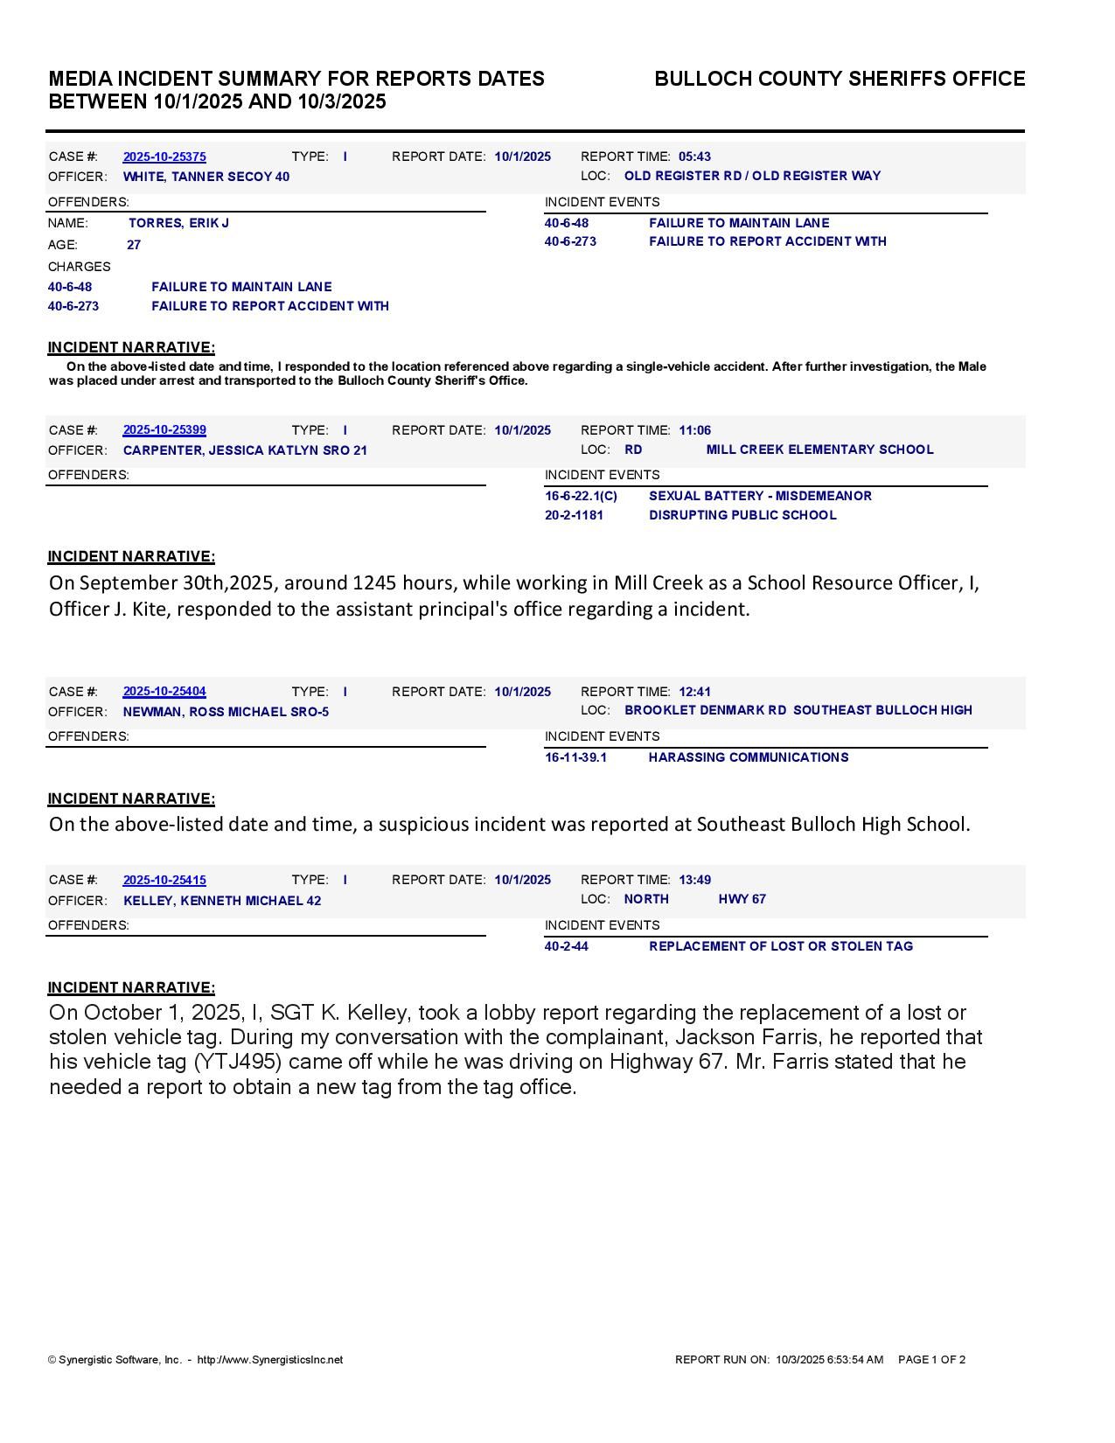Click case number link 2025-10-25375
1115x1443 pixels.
point(164,157)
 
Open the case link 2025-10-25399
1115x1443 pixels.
point(164,430)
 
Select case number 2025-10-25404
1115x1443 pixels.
point(164,692)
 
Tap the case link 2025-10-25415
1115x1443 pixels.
point(164,880)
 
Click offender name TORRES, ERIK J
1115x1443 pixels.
point(178,223)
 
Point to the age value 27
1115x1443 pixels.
point(134,245)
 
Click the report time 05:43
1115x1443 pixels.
point(694,157)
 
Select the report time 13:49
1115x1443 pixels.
point(694,880)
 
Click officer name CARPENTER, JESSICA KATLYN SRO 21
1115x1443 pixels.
point(245,450)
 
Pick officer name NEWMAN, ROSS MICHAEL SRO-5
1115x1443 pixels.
point(226,712)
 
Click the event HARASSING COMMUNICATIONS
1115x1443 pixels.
point(748,757)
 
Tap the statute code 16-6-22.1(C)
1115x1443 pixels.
point(581,496)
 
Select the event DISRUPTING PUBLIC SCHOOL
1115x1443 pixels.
point(742,515)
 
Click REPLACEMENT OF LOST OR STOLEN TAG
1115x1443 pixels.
point(780,946)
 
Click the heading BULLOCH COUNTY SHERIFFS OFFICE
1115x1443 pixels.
point(840,79)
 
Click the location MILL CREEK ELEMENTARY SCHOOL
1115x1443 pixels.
point(819,450)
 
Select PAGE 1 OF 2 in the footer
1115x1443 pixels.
point(931,1360)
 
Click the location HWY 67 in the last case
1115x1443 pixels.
point(742,899)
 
